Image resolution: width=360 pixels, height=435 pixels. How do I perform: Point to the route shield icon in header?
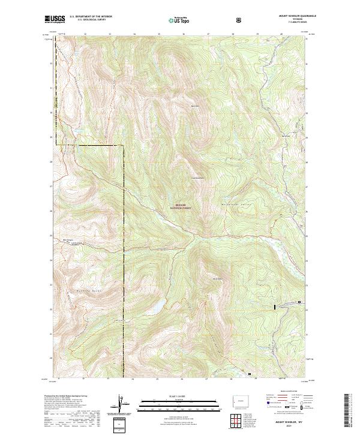point(240,21)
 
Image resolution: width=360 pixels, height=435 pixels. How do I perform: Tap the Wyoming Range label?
point(82,273)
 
